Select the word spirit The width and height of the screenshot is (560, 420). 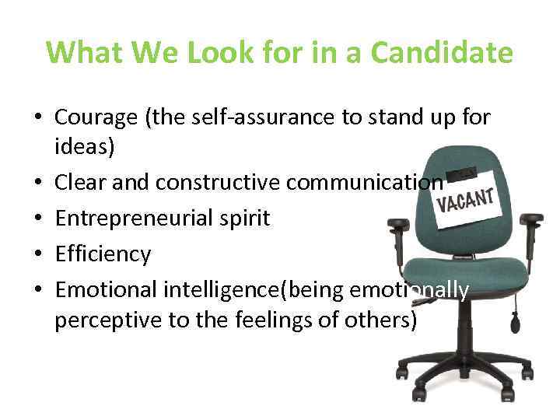click(240, 219)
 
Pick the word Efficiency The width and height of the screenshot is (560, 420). click(103, 254)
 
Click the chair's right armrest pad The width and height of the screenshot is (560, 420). click(534, 219)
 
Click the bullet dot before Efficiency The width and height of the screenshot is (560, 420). click(39, 254)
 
